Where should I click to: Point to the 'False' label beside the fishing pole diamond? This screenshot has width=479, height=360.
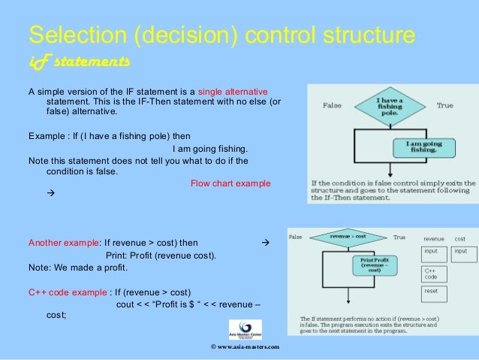(333, 106)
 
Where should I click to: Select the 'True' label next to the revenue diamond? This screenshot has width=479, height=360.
(399, 237)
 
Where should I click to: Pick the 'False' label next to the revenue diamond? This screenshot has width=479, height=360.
(296, 237)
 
